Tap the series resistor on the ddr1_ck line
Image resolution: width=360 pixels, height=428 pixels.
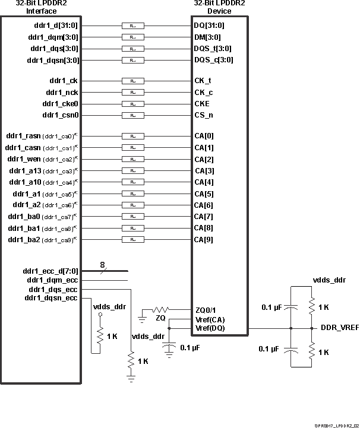[x=132, y=81]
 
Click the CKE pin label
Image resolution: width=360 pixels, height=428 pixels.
[x=203, y=103]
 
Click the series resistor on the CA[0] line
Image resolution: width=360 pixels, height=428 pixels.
[x=132, y=136]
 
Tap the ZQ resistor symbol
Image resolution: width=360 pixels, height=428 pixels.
[x=160, y=310]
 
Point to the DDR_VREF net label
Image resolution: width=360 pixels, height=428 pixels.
[x=339, y=328]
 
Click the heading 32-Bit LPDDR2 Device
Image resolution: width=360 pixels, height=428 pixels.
[x=220, y=7]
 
